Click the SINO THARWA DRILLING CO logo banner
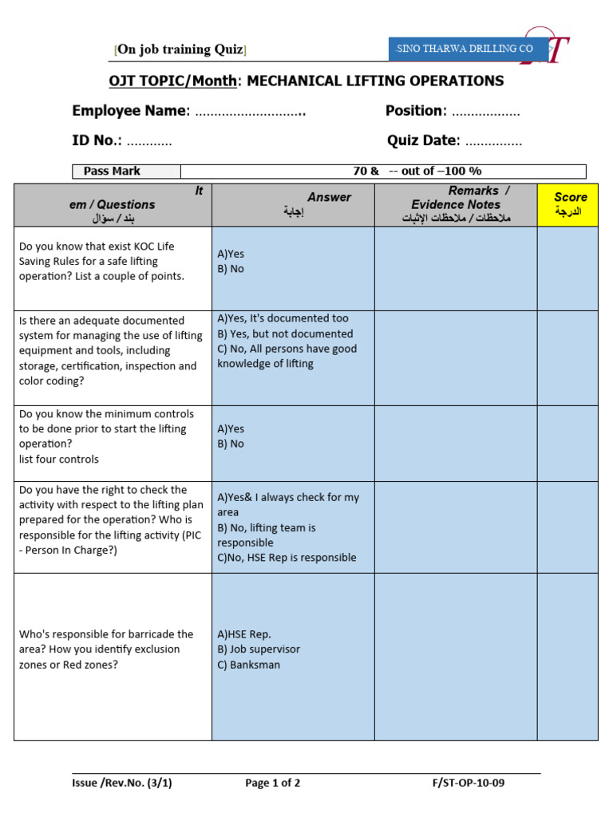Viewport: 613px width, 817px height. pyautogui.click(x=469, y=49)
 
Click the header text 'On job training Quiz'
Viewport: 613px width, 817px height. pyautogui.click(x=180, y=49)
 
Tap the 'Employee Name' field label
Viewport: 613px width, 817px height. pyautogui.click(x=130, y=111)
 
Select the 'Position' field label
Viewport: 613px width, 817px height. pyautogui.click(x=413, y=111)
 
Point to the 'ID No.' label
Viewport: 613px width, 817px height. pyautogui.click(x=96, y=141)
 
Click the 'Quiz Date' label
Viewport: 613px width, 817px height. pyautogui.click(x=423, y=141)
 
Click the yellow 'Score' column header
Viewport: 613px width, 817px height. pyautogui.click(x=570, y=204)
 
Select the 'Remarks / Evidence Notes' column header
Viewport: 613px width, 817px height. pyautogui.click(x=455, y=204)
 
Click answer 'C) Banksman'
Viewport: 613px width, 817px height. pyautogui.click(x=248, y=665)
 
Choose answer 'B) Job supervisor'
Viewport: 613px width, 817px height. pyautogui.click(x=259, y=649)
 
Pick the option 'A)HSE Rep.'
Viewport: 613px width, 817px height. pyautogui.click(x=243, y=634)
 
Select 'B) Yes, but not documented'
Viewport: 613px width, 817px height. pyautogui.click(x=285, y=334)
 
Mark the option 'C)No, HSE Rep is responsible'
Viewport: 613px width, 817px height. pyautogui.click(x=287, y=558)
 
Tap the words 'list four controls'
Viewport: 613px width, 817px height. pyautogui.click(x=59, y=459)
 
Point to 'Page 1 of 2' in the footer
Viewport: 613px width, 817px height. pyautogui.click(x=272, y=783)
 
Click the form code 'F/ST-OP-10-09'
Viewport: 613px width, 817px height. pyautogui.click(x=468, y=783)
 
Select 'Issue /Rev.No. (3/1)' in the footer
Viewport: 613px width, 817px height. pyautogui.click(x=121, y=783)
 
